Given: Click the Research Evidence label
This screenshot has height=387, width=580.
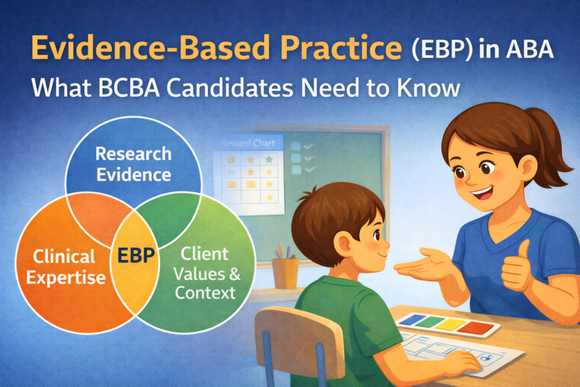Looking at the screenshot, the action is [134, 164].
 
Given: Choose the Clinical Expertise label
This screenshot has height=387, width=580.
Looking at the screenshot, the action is [66, 267].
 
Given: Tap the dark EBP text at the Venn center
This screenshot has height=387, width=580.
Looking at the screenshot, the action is [136, 256].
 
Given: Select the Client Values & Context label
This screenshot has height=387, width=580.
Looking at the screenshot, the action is [206, 274].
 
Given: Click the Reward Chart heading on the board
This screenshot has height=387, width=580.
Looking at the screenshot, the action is [248, 143].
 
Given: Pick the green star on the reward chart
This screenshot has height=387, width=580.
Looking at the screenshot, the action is [269, 160].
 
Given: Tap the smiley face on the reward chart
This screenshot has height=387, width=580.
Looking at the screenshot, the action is [231, 160].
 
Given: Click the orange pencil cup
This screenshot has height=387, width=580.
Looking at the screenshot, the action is [285, 273].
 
